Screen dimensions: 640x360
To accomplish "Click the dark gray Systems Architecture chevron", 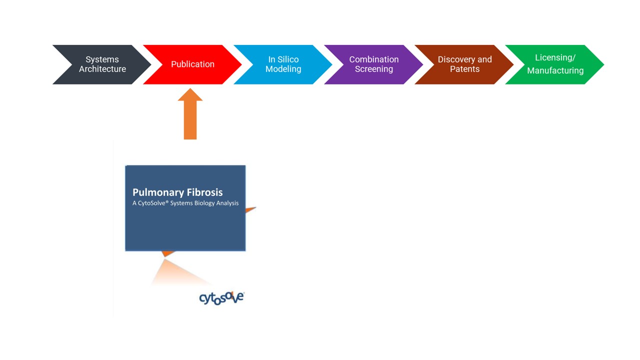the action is pyautogui.click(x=102, y=64).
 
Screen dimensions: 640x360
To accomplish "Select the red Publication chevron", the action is pyautogui.click(x=192, y=64).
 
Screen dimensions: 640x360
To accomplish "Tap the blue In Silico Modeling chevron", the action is pyautogui.click(x=283, y=64).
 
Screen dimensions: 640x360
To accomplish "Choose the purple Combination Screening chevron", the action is pyautogui.click(x=373, y=64).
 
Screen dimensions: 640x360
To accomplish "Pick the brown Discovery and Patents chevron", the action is pyautogui.click(x=464, y=64).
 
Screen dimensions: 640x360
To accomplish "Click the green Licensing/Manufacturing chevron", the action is pyautogui.click(x=555, y=64).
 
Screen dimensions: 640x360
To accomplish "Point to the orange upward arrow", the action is pyautogui.click(x=190, y=113).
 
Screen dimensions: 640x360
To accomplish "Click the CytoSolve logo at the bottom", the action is pyautogui.click(x=221, y=298).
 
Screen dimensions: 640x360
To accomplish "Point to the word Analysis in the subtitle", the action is pyautogui.click(x=227, y=203).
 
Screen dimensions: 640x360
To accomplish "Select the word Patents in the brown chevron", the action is pyautogui.click(x=465, y=69).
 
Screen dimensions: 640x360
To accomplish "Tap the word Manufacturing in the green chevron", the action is pyautogui.click(x=555, y=70).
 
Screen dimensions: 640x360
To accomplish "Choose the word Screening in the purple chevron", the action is pyautogui.click(x=374, y=69).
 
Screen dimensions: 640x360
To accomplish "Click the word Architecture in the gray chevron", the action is pyautogui.click(x=102, y=69).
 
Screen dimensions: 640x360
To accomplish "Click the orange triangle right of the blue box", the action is pyautogui.click(x=250, y=209).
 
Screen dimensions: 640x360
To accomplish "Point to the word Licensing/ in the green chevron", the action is pyautogui.click(x=555, y=57).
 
